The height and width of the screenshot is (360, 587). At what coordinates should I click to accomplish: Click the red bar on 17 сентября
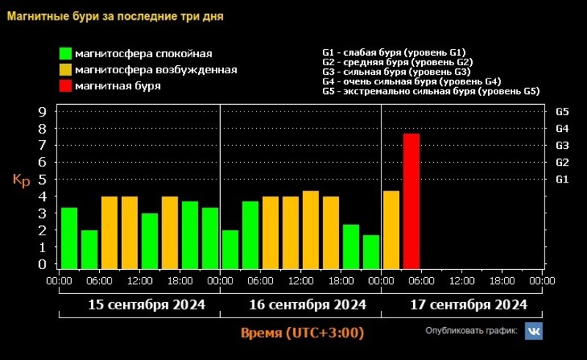pyautogui.click(x=411, y=201)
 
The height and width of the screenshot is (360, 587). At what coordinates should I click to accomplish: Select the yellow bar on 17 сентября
pyautogui.click(x=391, y=229)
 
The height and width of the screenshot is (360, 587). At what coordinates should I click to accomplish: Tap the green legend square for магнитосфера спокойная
pyautogui.click(x=66, y=54)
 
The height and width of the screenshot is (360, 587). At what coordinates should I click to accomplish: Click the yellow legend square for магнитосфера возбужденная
pyautogui.click(x=66, y=70)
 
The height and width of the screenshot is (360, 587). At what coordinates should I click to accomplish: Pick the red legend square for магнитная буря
pyautogui.click(x=66, y=86)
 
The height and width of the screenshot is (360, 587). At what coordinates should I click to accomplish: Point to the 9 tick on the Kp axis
pyautogui.click(x=43, y=112)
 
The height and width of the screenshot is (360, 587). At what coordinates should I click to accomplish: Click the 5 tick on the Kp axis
pyautogui.click(x=43, y=180)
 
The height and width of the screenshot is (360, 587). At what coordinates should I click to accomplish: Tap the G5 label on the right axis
pyautogui.click(x=563, y=112)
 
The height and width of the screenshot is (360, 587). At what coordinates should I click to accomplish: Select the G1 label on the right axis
pyautogui.click(x=563, y=180)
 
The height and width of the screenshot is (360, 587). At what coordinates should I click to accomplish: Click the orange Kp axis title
pyautogui.click(x=21, y=181)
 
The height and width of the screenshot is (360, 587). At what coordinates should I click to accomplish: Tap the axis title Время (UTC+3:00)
pyautogui.click(x=302, y=333)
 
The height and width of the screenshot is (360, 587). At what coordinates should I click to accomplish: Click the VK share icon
pyautogui.click(x=533, y=331)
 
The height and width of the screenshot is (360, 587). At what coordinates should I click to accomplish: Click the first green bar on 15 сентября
pyautogui.click(x=69, y=238)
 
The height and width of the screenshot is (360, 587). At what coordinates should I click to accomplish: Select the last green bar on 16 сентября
pyautogui.click(x=371, y=251)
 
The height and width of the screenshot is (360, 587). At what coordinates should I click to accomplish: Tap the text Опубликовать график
pyautogui.click(x=472, y=331)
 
